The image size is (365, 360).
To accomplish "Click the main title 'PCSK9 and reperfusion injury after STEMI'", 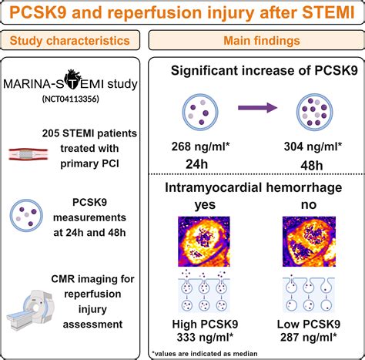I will click(x=182, y=15).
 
